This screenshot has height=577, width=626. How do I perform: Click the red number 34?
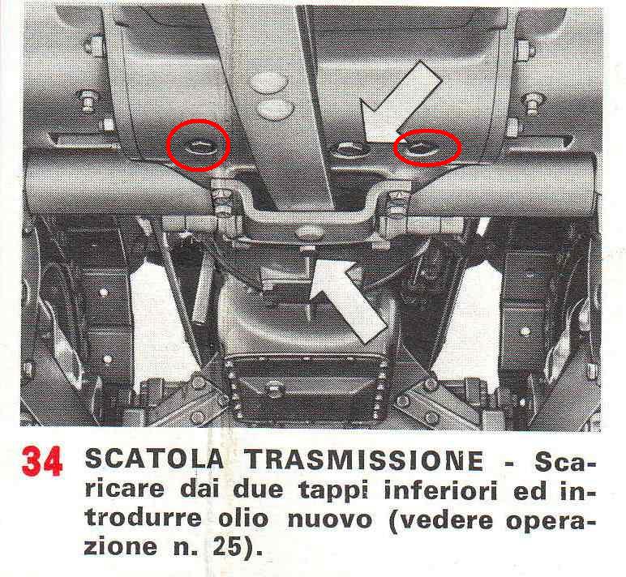42,461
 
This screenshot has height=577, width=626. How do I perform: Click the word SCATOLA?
154,459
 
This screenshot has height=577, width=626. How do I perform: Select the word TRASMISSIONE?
364,460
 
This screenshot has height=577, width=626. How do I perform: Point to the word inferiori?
441,490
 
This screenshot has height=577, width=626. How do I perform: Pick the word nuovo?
329,521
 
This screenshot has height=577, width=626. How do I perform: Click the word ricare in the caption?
124,490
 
